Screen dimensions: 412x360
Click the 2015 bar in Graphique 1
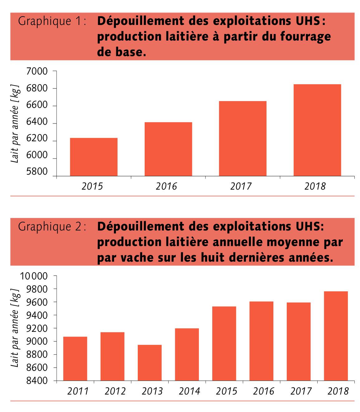coord(94,157)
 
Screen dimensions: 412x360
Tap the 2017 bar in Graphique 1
coord(242,138)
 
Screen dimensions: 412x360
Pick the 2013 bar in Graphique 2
coord(150,363)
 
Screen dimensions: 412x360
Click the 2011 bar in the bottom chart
coord(75,359)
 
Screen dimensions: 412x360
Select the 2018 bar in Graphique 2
coord(336,336)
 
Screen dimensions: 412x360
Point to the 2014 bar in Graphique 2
coord(187,354)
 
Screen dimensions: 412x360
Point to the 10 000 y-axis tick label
coord(33,276)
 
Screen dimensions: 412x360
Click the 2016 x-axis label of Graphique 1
coord(166,186)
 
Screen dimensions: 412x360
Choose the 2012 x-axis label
coord(115,391)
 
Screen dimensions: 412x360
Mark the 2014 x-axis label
coord(189,391)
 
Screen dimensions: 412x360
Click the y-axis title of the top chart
coord(16,124)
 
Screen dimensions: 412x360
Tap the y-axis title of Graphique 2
coord(16,328)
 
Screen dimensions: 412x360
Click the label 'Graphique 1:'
coord(52,21)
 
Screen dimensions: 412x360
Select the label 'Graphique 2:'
coord(52,226)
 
